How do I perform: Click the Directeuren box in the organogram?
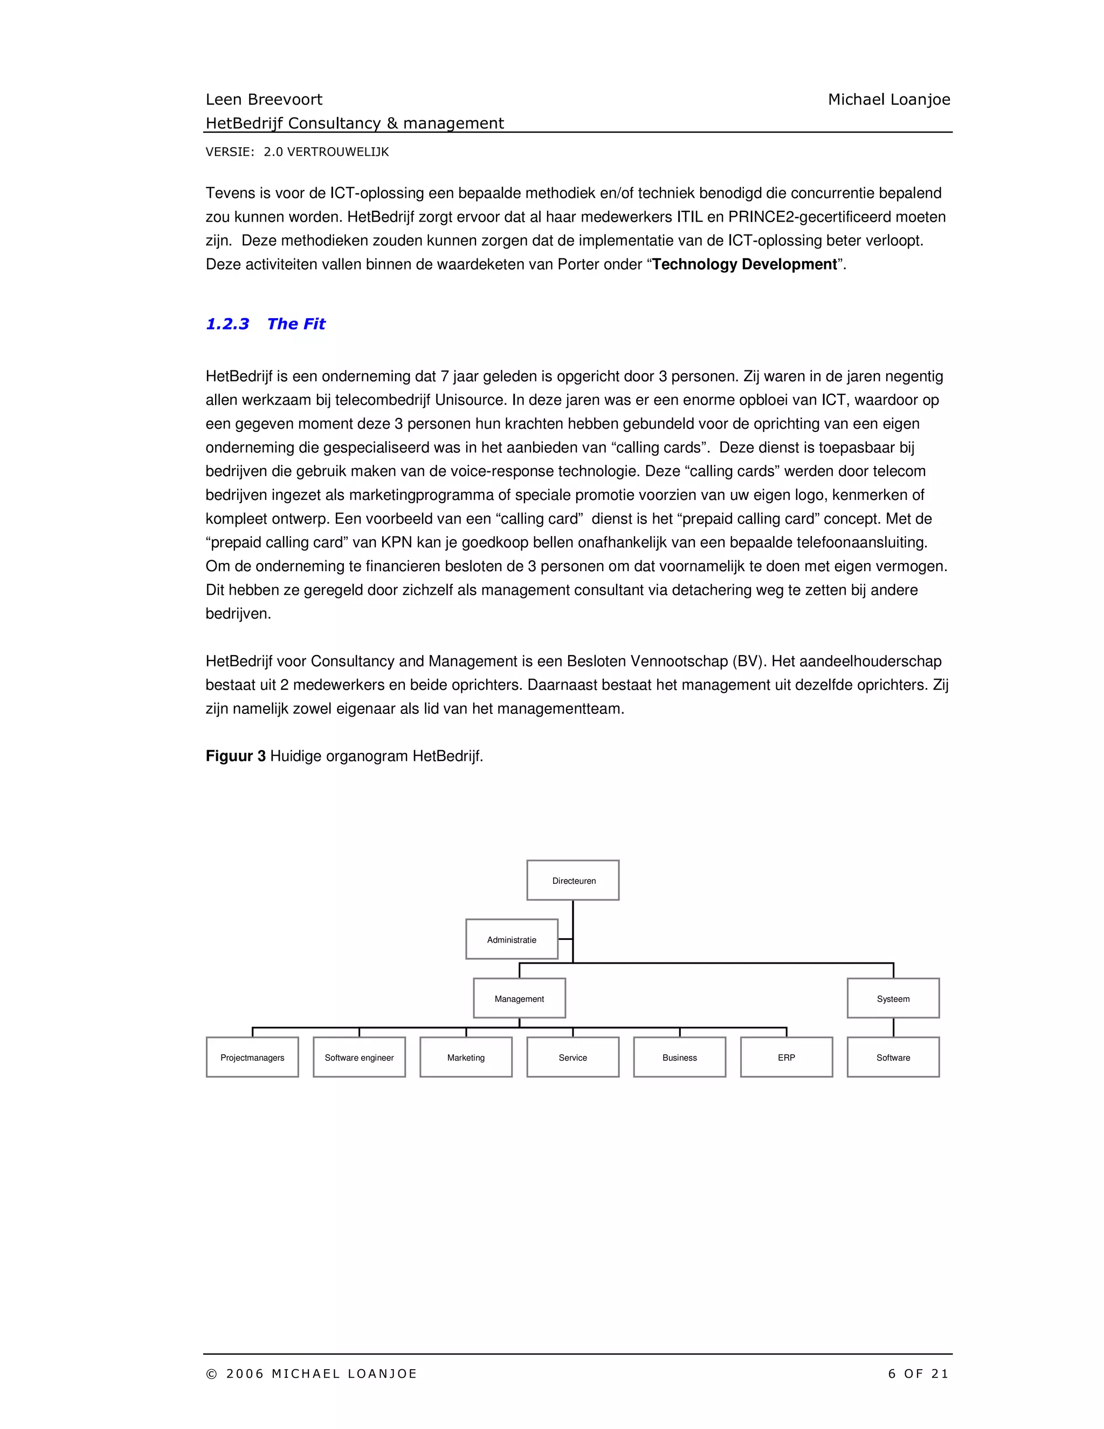coord(573,880)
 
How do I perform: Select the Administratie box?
coord(512,939)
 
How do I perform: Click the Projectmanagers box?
coord(252,1057)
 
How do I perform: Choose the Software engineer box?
coord(359,1057)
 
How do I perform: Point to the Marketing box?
coord(466,1057)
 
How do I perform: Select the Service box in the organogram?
coord(573,1057)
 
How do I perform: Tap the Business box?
coord(680,1057)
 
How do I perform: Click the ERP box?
coord(786,1057)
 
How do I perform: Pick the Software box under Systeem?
coord(893,1057)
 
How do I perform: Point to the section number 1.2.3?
coord(227,324)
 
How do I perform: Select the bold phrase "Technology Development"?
coord(744,264)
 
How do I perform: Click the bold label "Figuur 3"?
coord(236,757)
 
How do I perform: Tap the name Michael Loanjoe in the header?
coord(889,99)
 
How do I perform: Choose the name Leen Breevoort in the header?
coord(264,99)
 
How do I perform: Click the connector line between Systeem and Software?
coord(893,1027)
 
